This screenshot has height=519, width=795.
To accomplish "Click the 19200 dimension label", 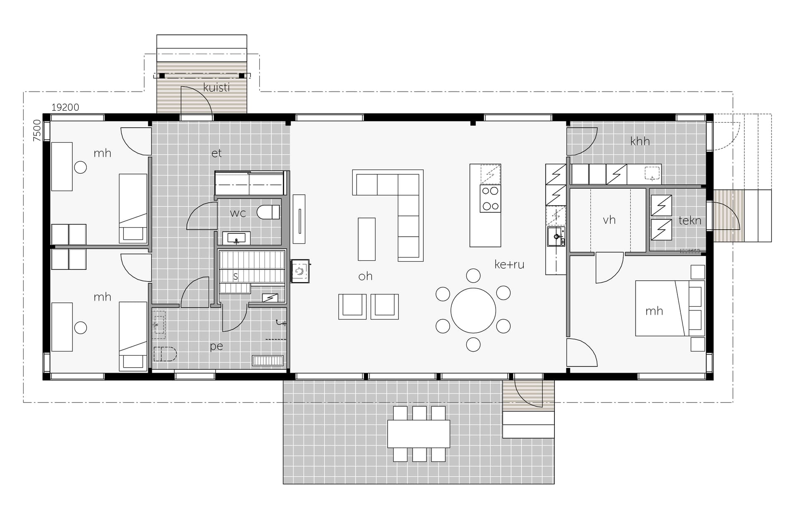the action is pos(65,107).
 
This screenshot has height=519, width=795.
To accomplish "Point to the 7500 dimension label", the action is pos(37,131).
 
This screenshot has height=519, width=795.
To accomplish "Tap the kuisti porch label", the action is pos(217,87).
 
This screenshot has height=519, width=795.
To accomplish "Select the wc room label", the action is pos(238,213).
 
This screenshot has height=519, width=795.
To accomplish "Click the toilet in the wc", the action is pos(268,212).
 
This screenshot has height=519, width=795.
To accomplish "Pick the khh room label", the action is pos(640,141).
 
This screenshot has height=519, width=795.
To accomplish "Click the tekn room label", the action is pos(690,221).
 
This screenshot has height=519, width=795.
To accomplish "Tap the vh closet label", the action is pos(609,220).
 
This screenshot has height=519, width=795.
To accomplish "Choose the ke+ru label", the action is pos(509,264).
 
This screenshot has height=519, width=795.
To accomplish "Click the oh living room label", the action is pos(365,276).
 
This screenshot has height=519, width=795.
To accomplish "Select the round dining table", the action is pos(473,310).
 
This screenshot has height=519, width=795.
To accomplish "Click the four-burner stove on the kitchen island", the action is pos(491,199).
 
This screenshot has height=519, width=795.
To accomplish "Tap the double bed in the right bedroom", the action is pos(670,308).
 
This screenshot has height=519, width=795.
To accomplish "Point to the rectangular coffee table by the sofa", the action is pos(366,239).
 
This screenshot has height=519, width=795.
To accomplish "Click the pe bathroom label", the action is pos(217,346).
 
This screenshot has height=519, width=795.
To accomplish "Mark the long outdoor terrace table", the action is pos(419,434).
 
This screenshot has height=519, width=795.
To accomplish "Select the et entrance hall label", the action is pos(217,153).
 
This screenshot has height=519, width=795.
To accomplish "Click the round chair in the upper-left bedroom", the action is pos(80,167).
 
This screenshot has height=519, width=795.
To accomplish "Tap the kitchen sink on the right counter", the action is pos(556,237).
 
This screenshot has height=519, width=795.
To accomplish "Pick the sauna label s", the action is pos(236,276).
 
